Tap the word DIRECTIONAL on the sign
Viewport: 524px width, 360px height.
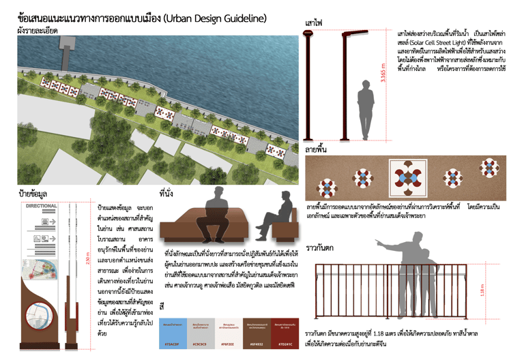pyautogui.click(x=41, y=205)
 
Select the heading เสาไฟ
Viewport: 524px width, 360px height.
pyautogui.click(x=314, y=23)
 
